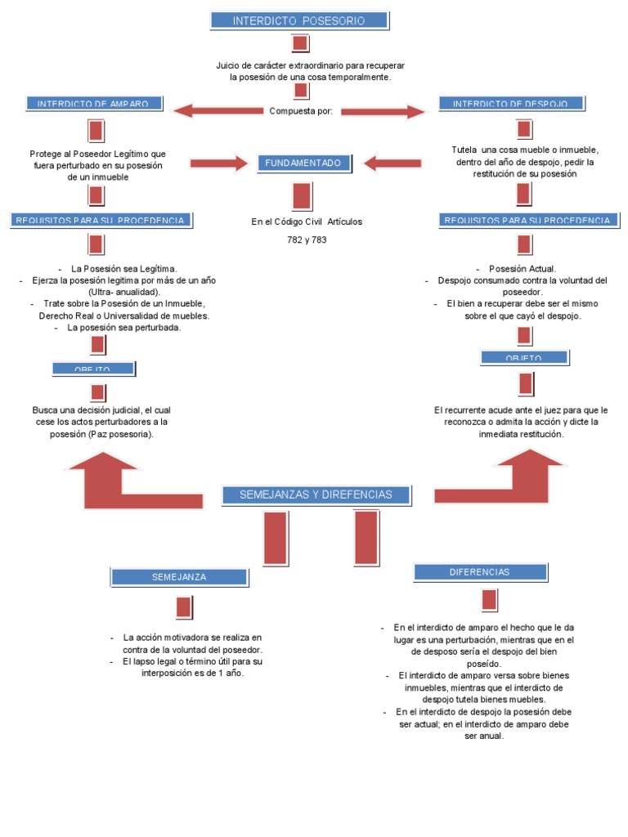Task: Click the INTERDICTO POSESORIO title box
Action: click(x=299, y=20)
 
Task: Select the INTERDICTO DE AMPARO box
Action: click(x=94, y=104)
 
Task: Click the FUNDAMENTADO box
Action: click(x=303, y=163)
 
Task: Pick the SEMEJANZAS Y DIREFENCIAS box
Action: click(x=316, y=495)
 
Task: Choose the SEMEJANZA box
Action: click(x=179, y=577)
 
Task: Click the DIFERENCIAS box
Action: click(x=479, y=572)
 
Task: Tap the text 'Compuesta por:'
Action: click(x=301, y=111)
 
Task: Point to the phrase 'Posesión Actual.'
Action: click(x=523, y=269)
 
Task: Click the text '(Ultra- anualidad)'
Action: click(x=124, y=292)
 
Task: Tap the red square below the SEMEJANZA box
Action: click(x=184, y=607)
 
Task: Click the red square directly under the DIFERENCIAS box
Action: click(x=489, y=600)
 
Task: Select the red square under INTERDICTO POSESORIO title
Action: click(x=299, y=43)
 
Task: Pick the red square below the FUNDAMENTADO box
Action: click(x=302, y=196)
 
